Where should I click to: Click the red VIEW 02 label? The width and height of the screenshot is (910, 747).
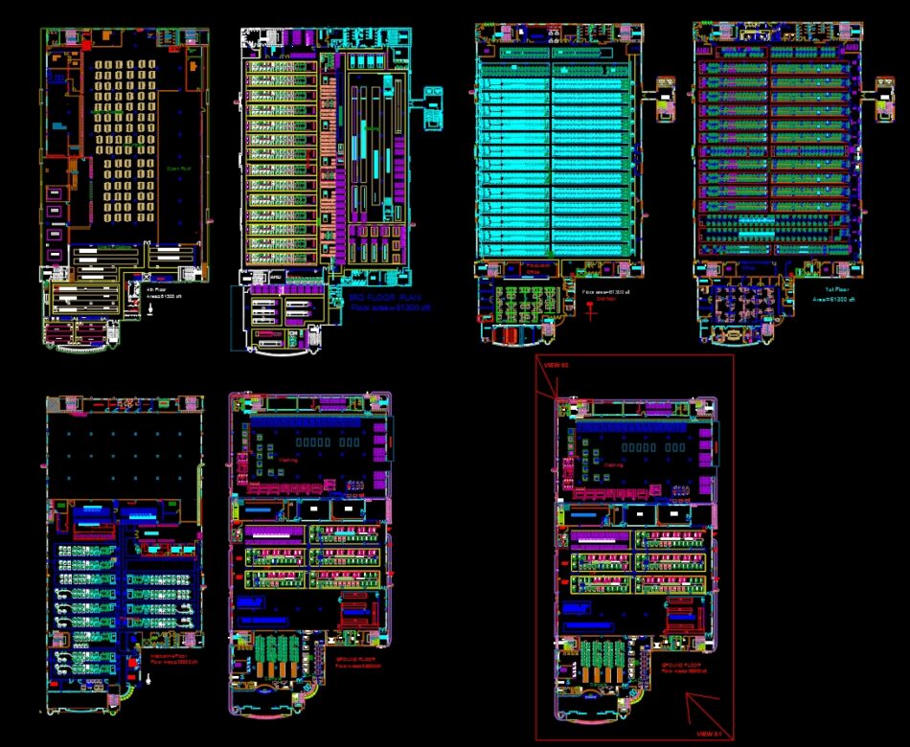coord(557,365)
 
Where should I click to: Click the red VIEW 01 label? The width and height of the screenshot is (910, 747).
coord(709,734)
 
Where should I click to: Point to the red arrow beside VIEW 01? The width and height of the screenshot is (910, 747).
coord(702,711)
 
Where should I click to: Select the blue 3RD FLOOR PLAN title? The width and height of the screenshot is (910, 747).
coord(372,298)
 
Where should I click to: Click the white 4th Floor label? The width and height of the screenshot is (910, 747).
coord(155,289)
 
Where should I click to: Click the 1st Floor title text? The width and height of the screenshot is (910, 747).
coord(834,288)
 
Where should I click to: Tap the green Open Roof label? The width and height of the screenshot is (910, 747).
coord(178,170)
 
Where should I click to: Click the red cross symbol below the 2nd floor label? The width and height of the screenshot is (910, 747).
coord(591,309)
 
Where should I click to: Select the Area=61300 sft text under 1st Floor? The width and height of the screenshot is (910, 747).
coord(832,300)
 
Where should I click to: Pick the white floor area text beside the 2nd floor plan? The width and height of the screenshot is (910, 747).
coord(606,291)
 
